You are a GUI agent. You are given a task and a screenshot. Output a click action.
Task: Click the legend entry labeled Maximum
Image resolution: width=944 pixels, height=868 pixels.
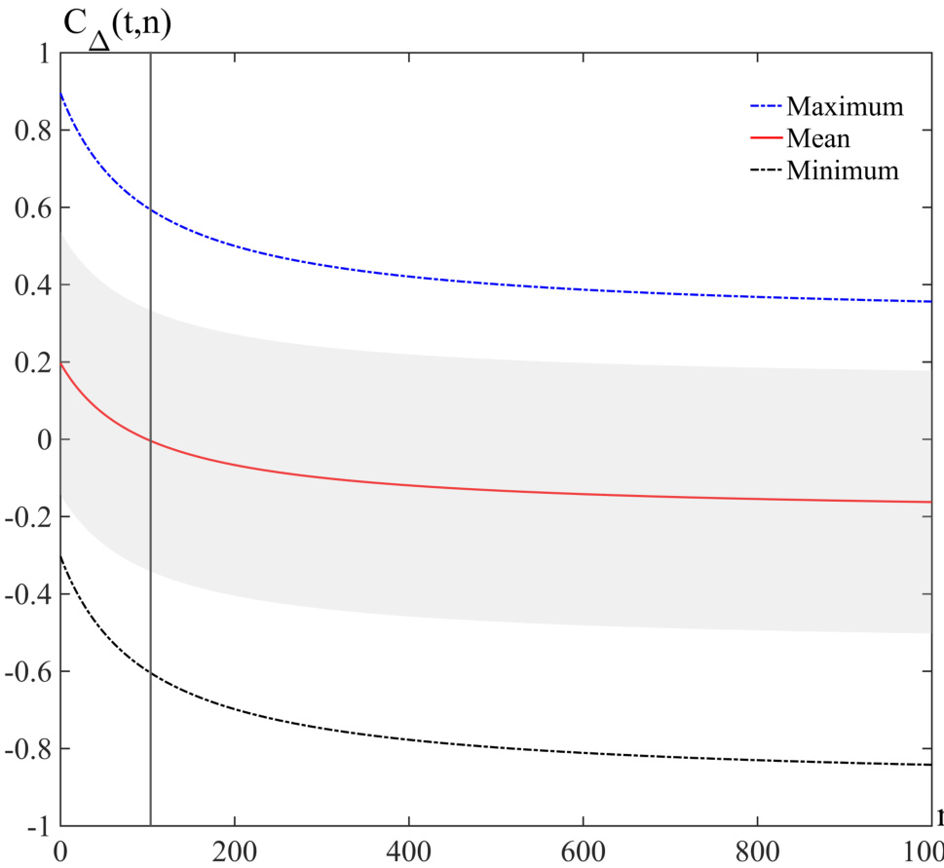coord(845,105)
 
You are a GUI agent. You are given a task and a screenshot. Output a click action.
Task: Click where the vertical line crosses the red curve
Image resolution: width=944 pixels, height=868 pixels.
coord(151,441)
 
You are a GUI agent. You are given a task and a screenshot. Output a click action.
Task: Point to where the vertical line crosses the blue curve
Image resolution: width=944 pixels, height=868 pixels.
coord(151,208)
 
